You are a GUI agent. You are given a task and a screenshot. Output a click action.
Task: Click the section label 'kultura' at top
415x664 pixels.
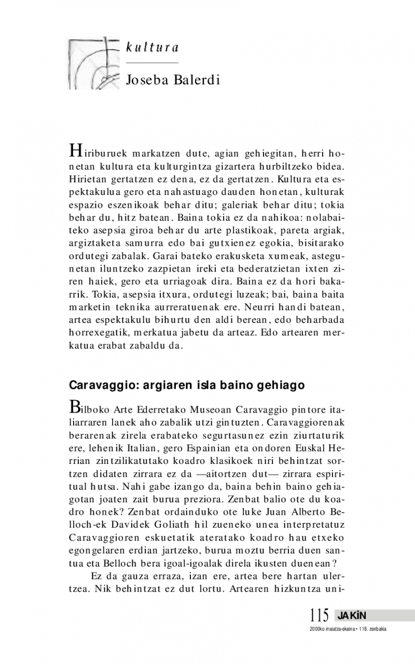pos(152,48)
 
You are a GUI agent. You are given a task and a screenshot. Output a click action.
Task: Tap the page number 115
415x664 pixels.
pos(320,615)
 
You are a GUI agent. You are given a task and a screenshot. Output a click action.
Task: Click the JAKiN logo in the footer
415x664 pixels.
pos(352,615)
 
